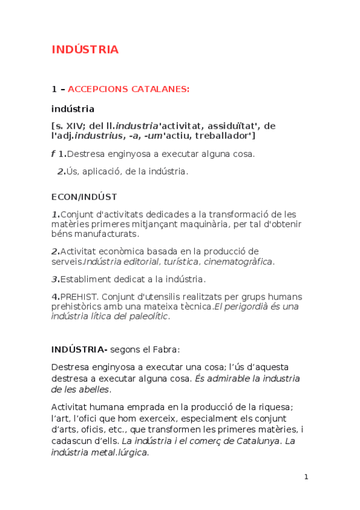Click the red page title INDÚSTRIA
click(x=85, y=49)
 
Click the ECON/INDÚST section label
click(x=84, y=197)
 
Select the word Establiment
click(x=87, y=279)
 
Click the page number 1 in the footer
click(x=306, y=477)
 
